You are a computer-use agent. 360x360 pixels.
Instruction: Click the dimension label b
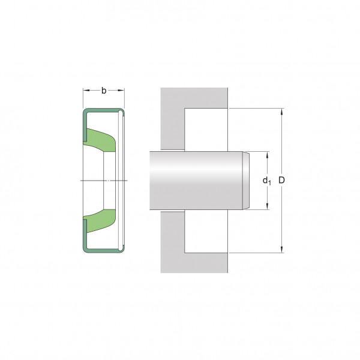pyautogui.click(x=104, y=91)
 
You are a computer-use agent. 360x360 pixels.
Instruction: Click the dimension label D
pyautogui.click(x=281, y=180)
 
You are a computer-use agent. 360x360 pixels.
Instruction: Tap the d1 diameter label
pyautogui.click(x=266, y=181)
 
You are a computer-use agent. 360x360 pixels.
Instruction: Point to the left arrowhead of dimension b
pyautogui.click(x=86, y=90)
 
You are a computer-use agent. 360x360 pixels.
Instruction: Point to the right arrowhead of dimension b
pyautogui.click(x=121, y=90)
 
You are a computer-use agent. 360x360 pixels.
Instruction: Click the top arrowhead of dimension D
pyautogui.click(x=282, y=112)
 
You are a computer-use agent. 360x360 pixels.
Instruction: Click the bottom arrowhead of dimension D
pyautogui.click(x=282, y=250)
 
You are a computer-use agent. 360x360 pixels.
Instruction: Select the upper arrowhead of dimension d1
pyautogui.click(x=267, y=155)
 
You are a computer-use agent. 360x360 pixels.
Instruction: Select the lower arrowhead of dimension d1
pyautogui.click(x=267, y=206)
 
